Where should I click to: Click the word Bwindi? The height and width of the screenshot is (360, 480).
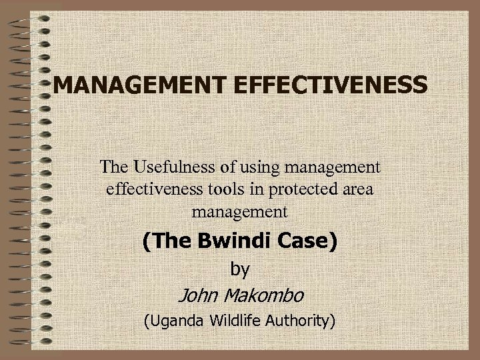click(x=230, y=241)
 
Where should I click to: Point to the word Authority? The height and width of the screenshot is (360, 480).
click(x=300, y=321)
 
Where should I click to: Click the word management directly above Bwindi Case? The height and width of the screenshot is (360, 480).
click(x=239, y=213)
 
